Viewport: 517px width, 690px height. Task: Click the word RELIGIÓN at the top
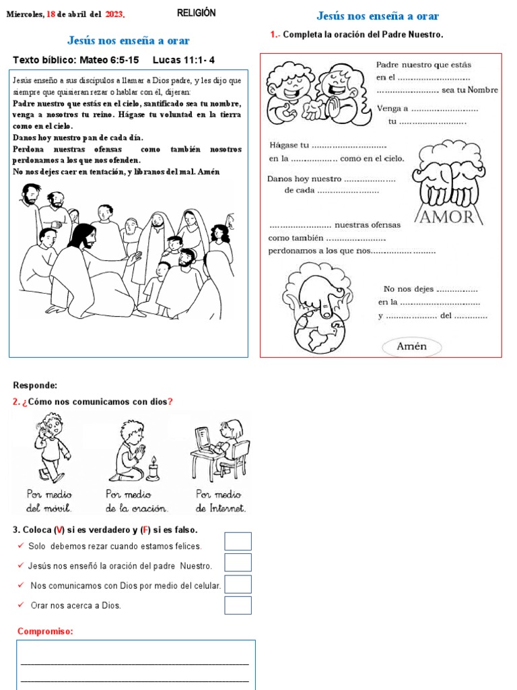[x=196, y=13]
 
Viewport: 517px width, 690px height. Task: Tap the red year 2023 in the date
[x=114, y=14]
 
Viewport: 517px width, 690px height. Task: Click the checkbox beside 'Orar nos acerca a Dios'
[x=238, y=605]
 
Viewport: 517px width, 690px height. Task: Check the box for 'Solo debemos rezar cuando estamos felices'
[x=238, y=541]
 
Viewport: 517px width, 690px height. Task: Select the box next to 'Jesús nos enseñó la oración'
[x=238, y=563]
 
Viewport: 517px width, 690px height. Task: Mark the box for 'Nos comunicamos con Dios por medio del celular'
[x=238, y=584]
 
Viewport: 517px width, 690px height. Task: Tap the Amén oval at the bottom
[x=412, y=346]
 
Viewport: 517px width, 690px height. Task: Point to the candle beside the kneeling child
[x=153, y=468]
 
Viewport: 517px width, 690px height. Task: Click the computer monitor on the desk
[x=203, y=437]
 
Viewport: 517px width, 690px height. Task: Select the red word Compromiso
[x=45, y=631]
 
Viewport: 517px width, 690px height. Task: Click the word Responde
[x=35, y=385]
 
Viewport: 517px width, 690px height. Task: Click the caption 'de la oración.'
[x=137, y=508]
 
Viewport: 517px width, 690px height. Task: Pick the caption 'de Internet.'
[x=221, y=508]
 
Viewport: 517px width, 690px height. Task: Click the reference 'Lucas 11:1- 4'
[x=184, y=60]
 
